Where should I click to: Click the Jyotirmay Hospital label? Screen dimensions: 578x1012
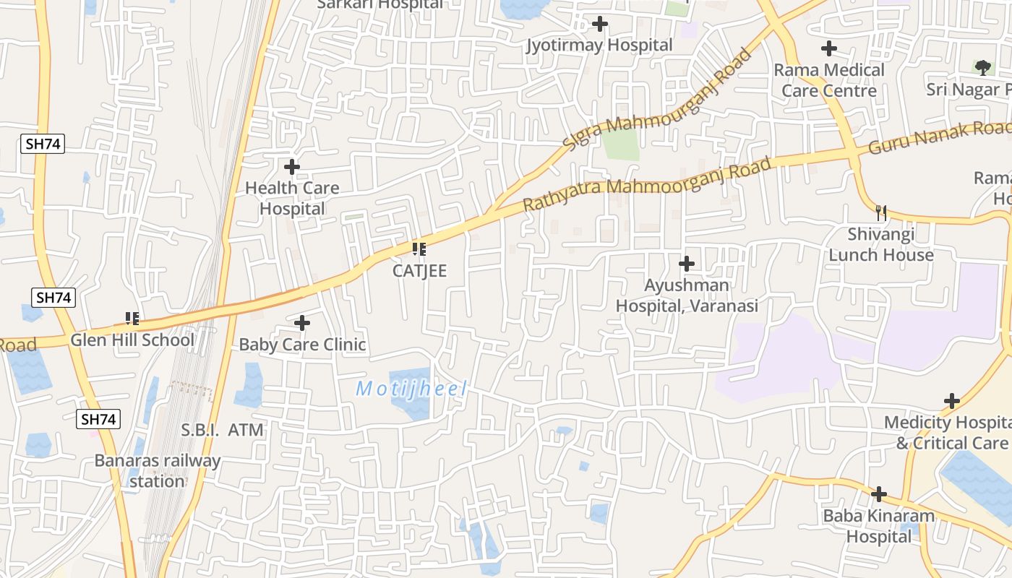tap(599, 46)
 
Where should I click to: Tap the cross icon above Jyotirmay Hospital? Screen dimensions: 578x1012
tap(599, 25)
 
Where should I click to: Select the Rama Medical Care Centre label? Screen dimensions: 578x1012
tap(829, 80)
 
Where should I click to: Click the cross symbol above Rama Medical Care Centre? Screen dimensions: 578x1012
tap(829, 49)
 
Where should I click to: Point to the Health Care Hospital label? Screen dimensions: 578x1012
tap(292, 198)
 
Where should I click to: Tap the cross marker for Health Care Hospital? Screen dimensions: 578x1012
tap(292, 168)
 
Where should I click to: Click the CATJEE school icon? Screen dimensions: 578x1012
tap(419, 250)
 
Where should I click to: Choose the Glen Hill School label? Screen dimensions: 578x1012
tap(132, 340)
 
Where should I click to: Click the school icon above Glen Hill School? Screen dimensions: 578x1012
tap(132, 318)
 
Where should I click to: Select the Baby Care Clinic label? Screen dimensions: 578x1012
tap(302, 345)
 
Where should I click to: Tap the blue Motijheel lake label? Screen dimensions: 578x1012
tap(412, 389)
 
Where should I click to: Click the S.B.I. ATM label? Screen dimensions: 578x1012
tap(222, 431)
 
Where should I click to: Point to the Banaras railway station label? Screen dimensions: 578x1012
tap(158, 470)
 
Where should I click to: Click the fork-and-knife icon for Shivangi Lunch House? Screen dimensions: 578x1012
tap(881, 213)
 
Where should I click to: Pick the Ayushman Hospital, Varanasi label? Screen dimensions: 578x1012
tap(687, 296)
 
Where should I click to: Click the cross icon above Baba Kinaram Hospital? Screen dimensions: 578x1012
tap(879, 494)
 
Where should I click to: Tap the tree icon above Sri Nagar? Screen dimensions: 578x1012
tap(982, 68)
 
